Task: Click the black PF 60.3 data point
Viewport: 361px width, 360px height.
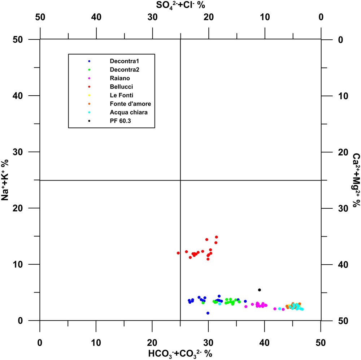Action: point(259,290)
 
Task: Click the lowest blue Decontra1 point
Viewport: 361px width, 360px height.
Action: point(208,313)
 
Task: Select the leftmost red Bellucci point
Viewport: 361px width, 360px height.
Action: point(178,253)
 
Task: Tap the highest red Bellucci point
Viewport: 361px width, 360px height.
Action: point(216,237)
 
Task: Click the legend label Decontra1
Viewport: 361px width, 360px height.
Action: point(123,61)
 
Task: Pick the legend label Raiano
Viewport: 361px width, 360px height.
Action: point(120,78)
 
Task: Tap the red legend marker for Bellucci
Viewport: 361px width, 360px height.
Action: point(89,87)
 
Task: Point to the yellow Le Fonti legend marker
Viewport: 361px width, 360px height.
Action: point(89,95)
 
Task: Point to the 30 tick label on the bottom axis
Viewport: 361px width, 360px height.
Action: point(208,342)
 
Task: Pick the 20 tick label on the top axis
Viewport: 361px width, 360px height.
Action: point(208,18)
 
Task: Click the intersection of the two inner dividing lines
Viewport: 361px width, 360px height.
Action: point(180,180)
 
